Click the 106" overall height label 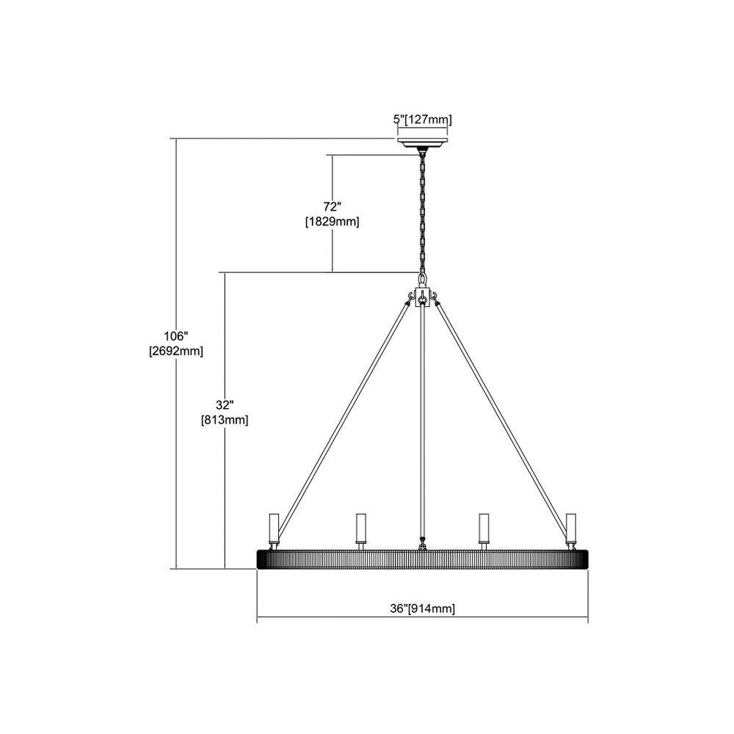(176, 336)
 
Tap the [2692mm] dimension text (176, 351)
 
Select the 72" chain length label (332, 206)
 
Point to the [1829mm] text (332, 222)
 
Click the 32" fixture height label (225, 405)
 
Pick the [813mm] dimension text (225, 420)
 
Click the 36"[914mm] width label (422, 608)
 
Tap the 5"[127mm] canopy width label (422, 120)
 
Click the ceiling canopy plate (422, 142)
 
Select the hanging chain (423, 213)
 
